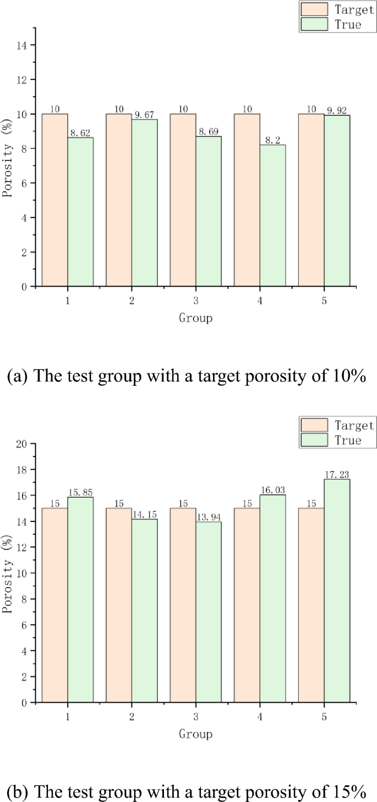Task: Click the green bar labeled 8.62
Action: (x=80, y=212)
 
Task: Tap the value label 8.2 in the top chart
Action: (x=273, y=141)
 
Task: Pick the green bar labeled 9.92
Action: (x=337, y=201)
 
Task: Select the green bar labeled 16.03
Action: (x=273, y=599)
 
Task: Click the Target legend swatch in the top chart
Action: (x=313, y=9)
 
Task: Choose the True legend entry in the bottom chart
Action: (x=351, y=440)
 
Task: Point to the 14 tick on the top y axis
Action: (x=23, y=45)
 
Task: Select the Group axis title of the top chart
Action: (x=195, y=318)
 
